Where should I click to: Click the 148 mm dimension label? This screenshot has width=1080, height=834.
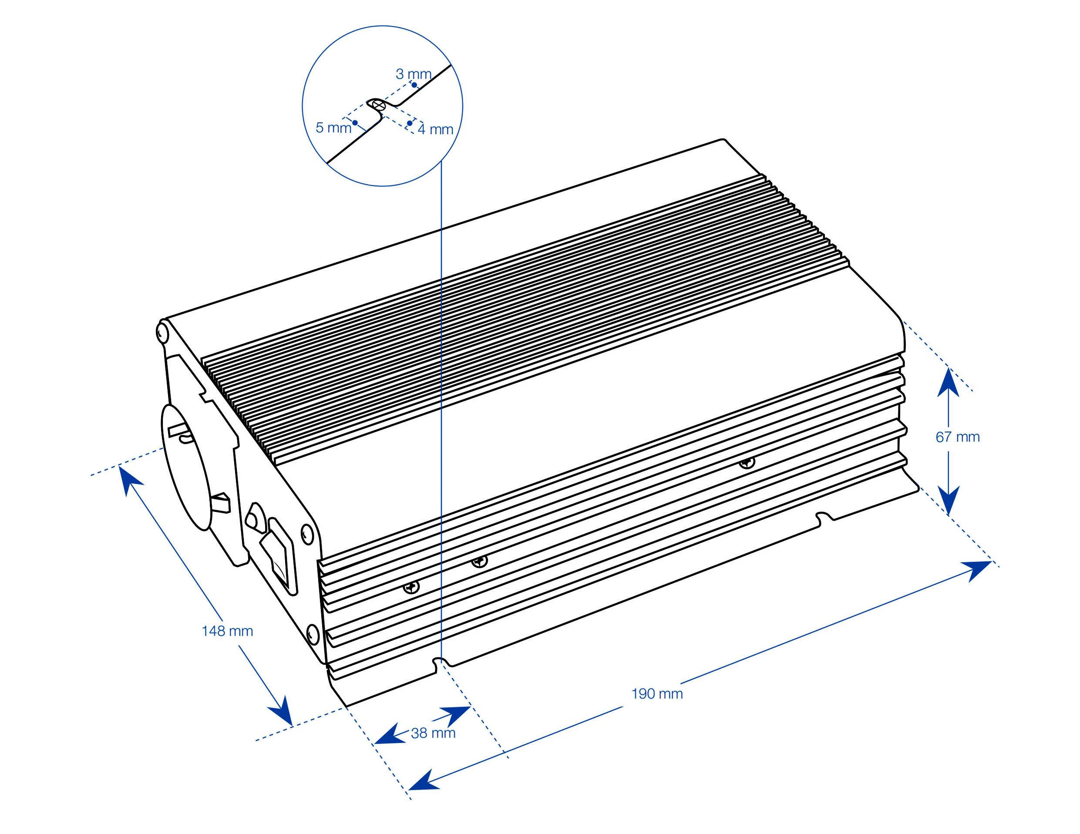[228, 631]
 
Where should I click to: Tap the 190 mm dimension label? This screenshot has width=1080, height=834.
[657, 693]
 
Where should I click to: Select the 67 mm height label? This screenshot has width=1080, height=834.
[957, 437]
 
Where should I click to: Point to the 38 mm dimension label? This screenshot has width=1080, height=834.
[433, 733]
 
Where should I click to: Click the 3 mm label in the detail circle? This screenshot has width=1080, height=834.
[414, 74]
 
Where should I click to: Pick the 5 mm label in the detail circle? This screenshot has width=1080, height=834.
[333, 128]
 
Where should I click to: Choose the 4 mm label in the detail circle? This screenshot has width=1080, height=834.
[435, 130]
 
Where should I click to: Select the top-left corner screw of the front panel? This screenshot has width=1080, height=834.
[161, 330]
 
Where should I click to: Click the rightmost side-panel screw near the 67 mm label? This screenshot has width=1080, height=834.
[747, 463]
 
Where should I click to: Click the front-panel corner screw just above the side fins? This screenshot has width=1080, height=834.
[306, 532]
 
